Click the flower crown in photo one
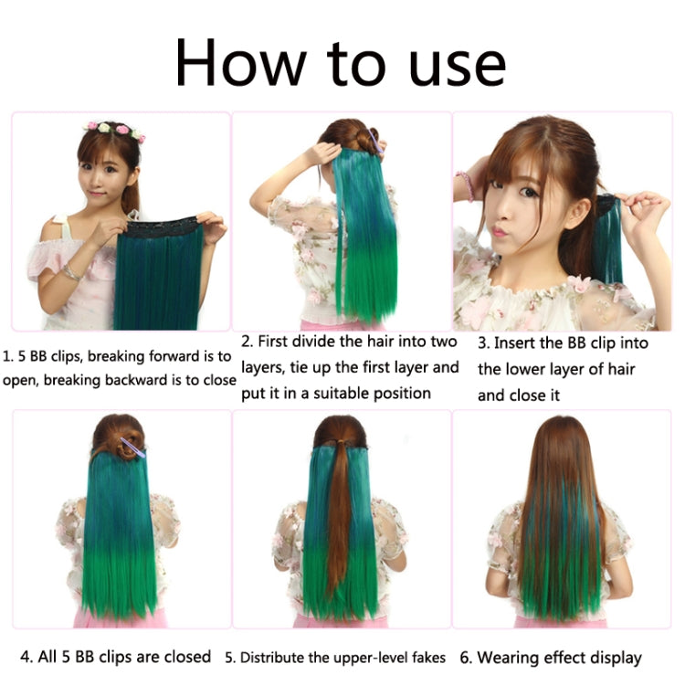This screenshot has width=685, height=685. point(115,130)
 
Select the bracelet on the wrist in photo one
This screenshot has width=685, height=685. point(70,272)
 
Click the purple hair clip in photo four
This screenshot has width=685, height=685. point(132,447)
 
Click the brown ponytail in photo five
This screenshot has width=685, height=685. point(340,511)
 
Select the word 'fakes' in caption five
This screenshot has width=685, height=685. point(427,658)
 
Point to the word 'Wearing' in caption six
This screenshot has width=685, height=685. point(512,658)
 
